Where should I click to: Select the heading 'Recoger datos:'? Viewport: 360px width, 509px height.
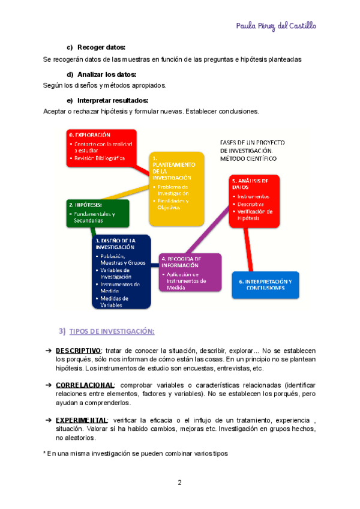coord(101,47)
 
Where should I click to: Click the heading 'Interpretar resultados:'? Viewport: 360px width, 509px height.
coord(113,100)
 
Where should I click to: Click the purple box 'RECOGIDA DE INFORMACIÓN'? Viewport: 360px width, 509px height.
coord(190,273)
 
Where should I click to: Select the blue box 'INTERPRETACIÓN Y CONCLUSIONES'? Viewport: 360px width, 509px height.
coord(265,285)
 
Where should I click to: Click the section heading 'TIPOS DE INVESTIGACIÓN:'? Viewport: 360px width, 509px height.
coord(112,331)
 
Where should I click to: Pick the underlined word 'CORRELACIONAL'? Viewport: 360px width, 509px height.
coord(85,385)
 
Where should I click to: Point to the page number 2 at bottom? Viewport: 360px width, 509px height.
coord(179,483)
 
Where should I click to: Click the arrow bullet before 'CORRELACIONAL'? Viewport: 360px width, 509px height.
coord(48,385)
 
